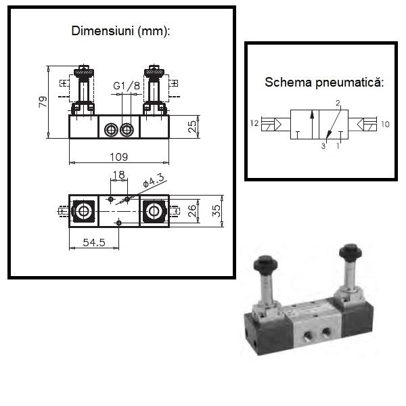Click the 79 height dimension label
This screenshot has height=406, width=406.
click(43, 101)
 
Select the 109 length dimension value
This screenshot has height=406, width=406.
click(119, 157)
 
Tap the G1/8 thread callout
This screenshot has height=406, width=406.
click(127, 85)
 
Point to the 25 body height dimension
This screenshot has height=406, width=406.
click(192, 127)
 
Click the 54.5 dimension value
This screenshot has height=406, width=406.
click(94, 243)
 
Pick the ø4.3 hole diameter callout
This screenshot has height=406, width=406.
click(154, 180)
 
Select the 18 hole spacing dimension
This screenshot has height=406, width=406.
click(119, 175)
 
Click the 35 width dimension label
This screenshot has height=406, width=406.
click(217, 211)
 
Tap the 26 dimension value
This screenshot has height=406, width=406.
click(192, 210)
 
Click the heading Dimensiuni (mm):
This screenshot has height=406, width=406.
click(120, 31)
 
